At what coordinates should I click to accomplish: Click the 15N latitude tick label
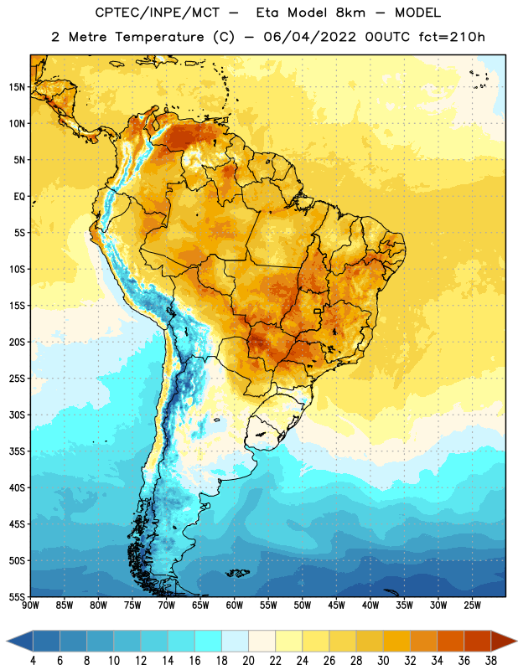[x=17, y=87]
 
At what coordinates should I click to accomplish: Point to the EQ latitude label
[x=19, y=197]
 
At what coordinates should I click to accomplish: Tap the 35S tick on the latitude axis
[x=17, y=451]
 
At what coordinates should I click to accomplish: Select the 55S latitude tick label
[x=17, y=597]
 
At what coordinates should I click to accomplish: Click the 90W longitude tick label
[x=30, y=606]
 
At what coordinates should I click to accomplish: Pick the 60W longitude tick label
[x=235, y=606]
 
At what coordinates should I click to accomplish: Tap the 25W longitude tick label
[x=472, y=606]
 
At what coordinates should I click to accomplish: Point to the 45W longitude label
[x=336, y=606]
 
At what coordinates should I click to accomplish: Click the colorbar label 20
[x=248, y=661]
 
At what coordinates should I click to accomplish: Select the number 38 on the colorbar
[x=490, y=661]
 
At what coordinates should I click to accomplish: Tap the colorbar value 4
[x=33, y=661]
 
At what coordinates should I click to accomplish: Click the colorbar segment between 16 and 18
[x=208, y=641]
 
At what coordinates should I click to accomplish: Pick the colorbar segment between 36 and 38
[x=478, y=641]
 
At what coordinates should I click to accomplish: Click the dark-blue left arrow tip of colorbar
[x=7, y=641]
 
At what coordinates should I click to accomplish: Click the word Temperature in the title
[x=159, y=37]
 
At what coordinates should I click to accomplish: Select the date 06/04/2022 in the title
[x=309, y=37]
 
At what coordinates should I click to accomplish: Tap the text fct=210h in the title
[x=452, y=37]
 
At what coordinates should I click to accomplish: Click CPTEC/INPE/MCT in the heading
[x=158, y=13]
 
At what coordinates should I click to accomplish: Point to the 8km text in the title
[x=350, y=13]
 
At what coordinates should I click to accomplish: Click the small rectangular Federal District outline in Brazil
[x=318, y=311]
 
